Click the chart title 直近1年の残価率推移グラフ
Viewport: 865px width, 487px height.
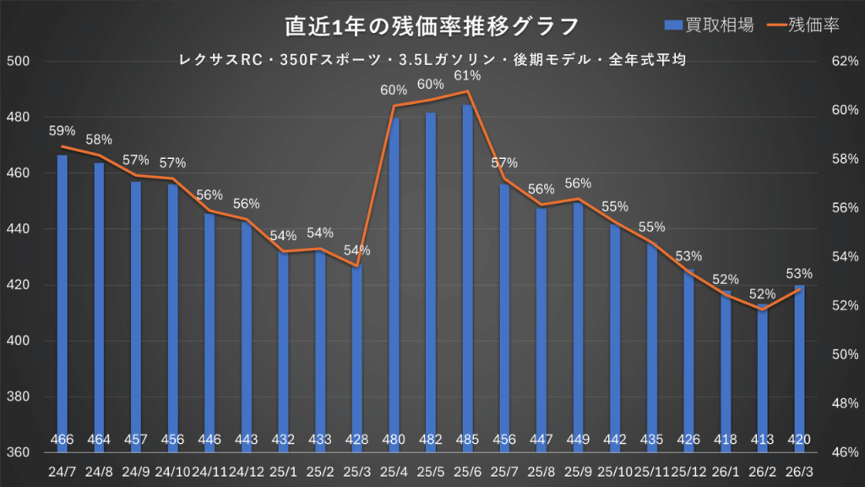(432, 26)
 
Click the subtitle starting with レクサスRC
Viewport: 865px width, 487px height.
(432, 60)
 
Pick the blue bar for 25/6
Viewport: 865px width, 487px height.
(467, 271)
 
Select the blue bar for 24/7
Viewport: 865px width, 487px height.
(63, 296)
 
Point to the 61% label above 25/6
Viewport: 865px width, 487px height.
(467, 76)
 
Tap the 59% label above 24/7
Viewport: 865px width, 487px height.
(63, 131)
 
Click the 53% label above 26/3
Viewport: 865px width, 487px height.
(799, 274)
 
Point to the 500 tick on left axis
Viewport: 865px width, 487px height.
(19, 62)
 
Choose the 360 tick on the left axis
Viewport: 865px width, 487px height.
(19, 452)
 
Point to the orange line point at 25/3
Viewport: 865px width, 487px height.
(356, 266)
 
